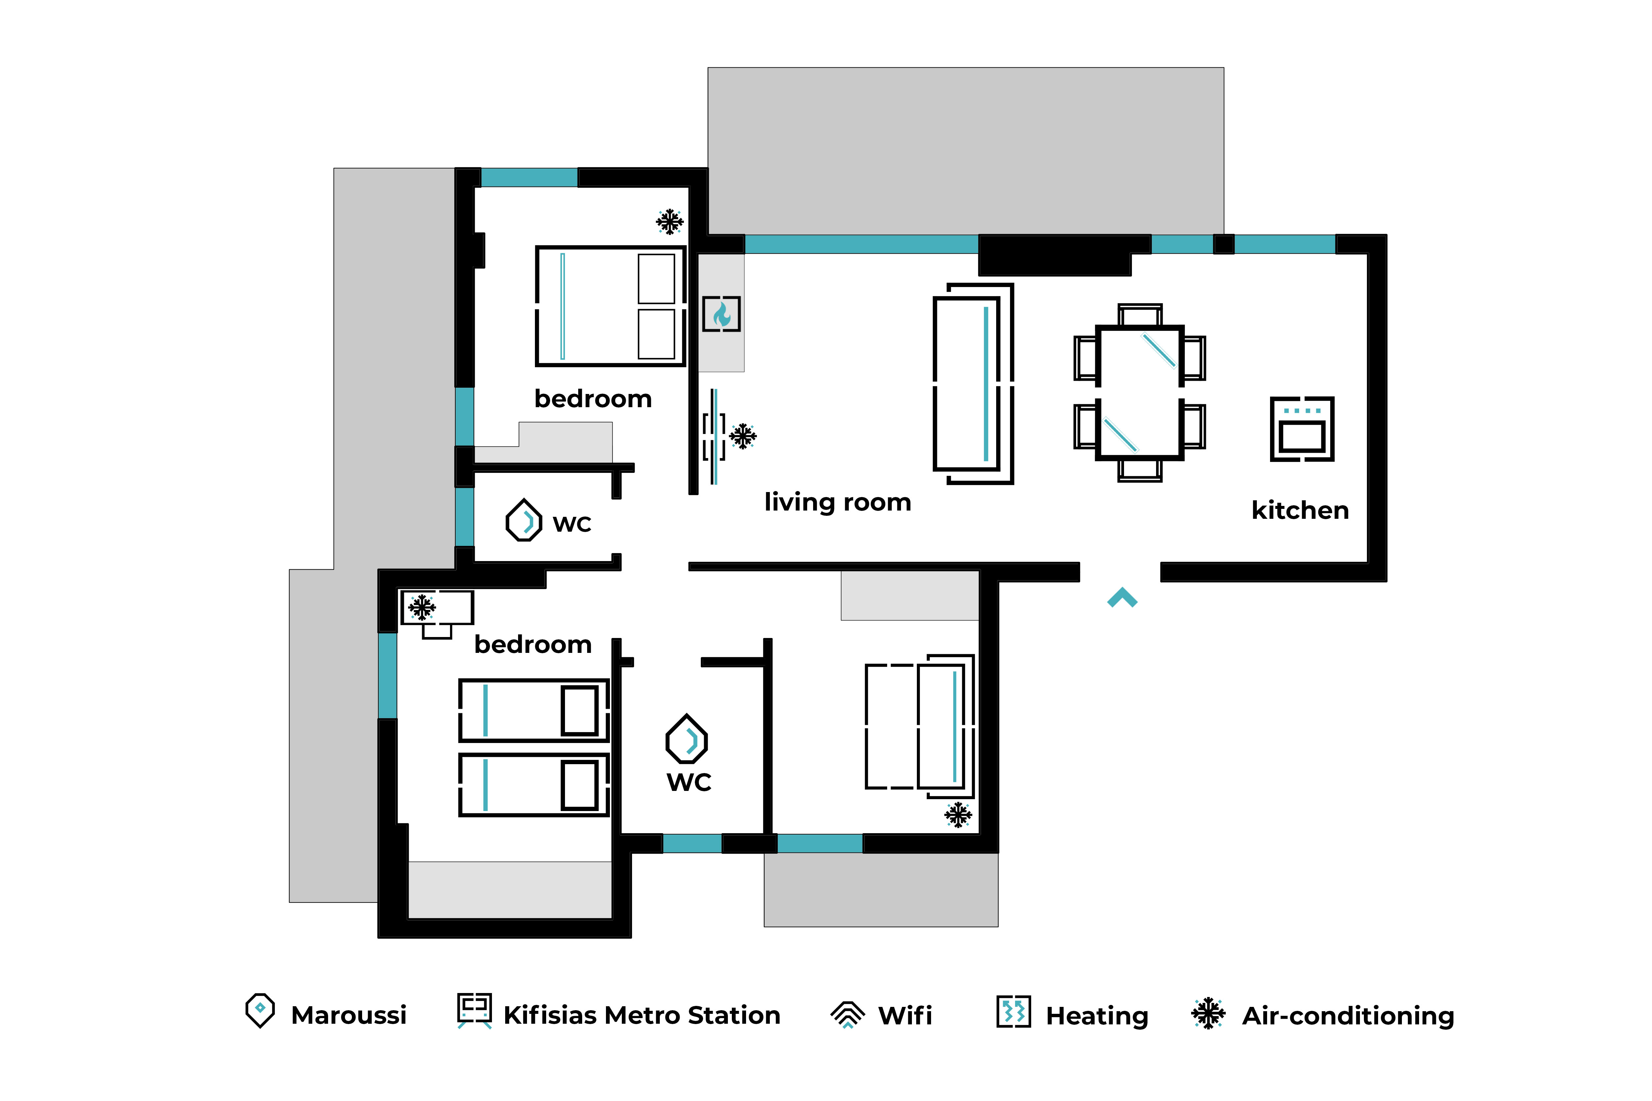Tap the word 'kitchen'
(1300, 511)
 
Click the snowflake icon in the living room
(742, 436)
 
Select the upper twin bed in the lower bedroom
(534, 711)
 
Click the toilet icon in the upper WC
(524, 520)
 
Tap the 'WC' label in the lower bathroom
(689, 782)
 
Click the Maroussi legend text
(349, 1015)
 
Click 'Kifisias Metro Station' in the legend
(642, 1015)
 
